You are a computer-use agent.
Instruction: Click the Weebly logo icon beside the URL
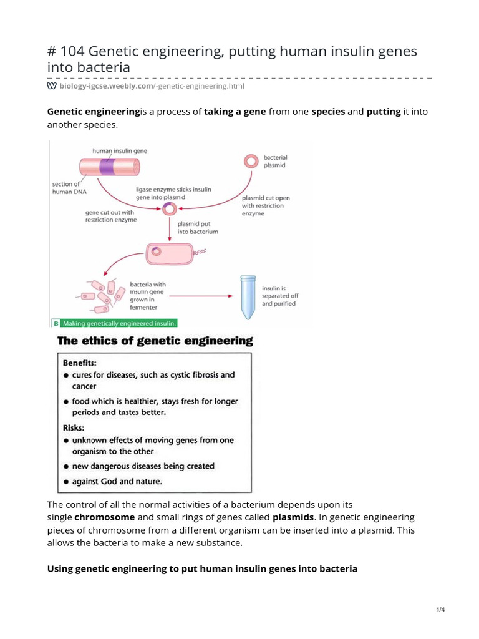click(x=52, y=86)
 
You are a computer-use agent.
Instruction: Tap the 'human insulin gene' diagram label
click(x=120, y=150)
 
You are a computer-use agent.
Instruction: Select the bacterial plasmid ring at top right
click(x=251, y=161)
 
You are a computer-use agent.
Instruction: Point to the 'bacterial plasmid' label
click(x=276, y=162)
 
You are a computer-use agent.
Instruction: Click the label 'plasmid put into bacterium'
click(x=198, y=227)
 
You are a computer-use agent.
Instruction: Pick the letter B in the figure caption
click(x=56, y=323)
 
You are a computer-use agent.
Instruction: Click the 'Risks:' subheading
click(x=74, y=427)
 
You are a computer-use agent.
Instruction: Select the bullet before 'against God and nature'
click(x=66, y=481)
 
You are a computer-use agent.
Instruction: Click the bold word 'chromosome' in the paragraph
click(x=105, y=517)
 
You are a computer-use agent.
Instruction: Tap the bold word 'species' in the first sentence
click(x=328, y=111)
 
